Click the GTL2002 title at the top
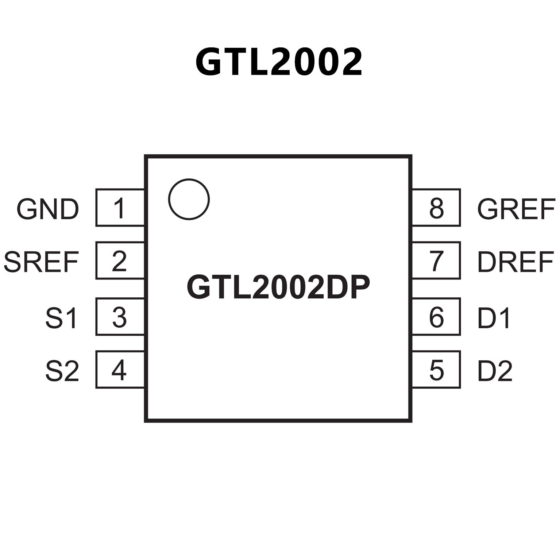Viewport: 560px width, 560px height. [279, 62]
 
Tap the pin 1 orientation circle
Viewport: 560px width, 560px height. [189, 199]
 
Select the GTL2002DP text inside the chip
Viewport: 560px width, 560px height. [278, 287]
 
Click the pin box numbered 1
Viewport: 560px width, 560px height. [120, 208]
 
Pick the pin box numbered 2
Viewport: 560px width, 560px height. [120, 260]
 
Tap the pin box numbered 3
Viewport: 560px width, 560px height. [120, 317]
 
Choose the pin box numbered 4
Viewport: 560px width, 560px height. [120, 370]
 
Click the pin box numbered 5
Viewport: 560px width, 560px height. [436, 370]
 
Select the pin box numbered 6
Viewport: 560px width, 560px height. [436, 317]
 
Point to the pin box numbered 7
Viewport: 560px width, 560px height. [436, 260]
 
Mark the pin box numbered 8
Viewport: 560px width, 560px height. [436, 208]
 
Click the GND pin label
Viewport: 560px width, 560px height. [48, 209]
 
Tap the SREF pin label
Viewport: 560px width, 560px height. [41, 262]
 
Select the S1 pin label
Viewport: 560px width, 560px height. [61, 318]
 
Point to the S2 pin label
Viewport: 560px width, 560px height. [62, 371]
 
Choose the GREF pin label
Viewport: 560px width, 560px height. [516, 209]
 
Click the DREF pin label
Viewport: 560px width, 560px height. [515, 262]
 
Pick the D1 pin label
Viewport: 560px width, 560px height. [494, 318]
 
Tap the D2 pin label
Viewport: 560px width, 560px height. [495, 371]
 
